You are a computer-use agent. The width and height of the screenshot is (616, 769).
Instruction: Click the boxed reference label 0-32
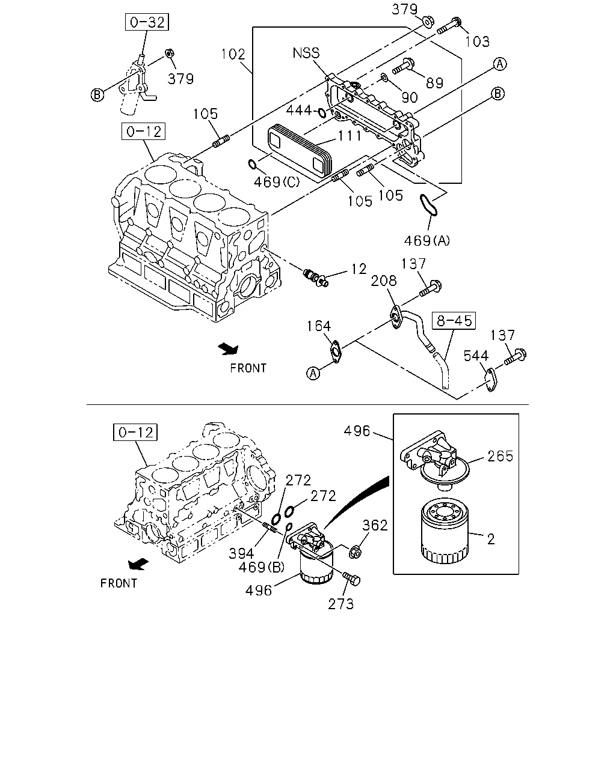[x=147, y=22]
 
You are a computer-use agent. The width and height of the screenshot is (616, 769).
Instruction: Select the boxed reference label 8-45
[x=454, y=321]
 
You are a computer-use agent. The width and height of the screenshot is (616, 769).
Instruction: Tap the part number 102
[x=233, y=54]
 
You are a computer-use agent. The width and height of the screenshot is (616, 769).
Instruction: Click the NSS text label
[x=306, y=53]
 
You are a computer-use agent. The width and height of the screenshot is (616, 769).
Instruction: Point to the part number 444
[x=298, y=111]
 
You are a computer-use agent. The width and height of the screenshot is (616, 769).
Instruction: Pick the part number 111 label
[x=350, y=136]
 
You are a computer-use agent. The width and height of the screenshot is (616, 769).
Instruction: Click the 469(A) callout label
[x=427, y=241]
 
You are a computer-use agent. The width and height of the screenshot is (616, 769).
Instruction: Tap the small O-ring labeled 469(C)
[x=252, y=165]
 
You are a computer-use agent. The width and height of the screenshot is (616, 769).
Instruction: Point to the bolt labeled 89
[x=404, y=67]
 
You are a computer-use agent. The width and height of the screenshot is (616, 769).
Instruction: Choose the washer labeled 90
[x=384, y=77]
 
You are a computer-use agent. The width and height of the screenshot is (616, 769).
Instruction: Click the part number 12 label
[x=359, y=269]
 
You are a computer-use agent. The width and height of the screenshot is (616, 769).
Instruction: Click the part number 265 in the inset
[x=500, y=457]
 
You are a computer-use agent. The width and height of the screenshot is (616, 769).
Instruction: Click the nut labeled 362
[x=355, y=553]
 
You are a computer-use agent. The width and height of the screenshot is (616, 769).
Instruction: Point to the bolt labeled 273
[x=351, y=579]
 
